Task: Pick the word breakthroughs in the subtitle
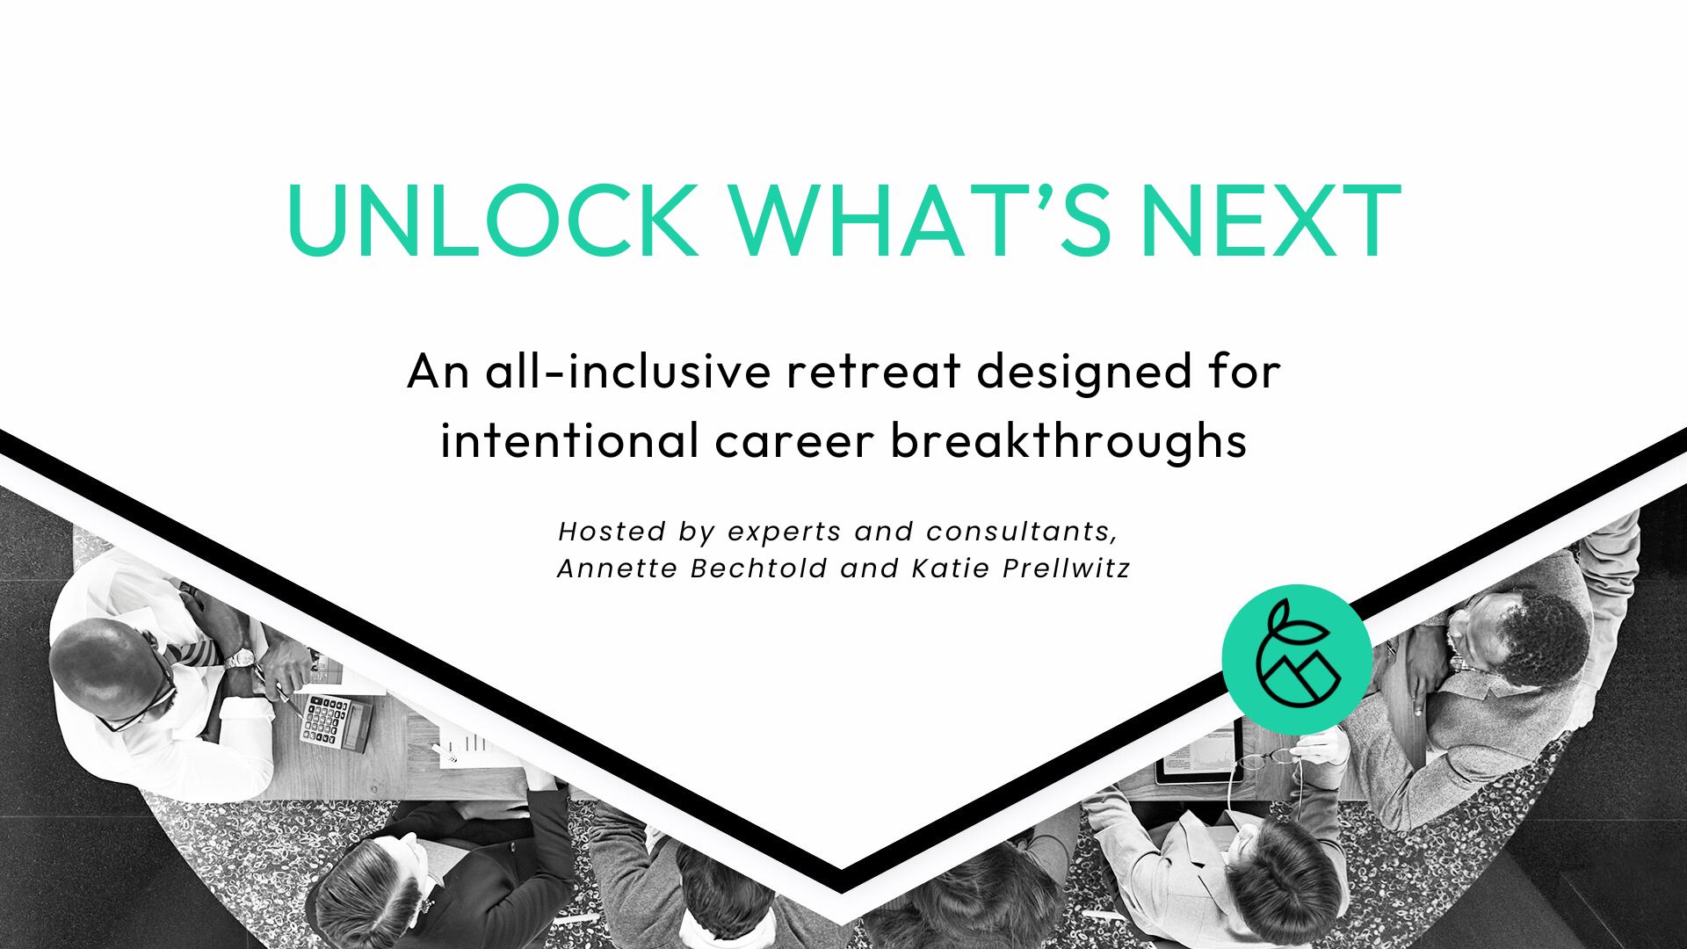[x=1068, y=439]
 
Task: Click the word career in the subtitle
[x=795, y=441]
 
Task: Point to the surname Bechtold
[x=759, y=569]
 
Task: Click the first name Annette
[x=618, y=569]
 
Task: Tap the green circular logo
[x=1296, y=659]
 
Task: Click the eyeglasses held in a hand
[x=1265, y=758]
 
